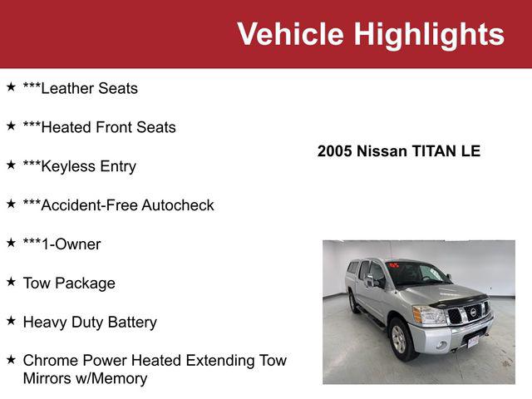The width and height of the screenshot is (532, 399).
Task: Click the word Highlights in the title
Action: [428, 34]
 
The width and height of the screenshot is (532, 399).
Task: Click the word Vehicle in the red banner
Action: [290, 34]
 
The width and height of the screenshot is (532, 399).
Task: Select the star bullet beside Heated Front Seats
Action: [11, 126]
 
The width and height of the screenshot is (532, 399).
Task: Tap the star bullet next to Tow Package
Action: [11, 282]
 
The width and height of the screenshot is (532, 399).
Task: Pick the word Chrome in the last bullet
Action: [50, 361]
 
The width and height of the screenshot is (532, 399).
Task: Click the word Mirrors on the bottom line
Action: [50, 379]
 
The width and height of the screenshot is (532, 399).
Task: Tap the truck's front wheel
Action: [400, 337]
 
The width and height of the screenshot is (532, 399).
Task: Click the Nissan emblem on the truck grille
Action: [473, 312]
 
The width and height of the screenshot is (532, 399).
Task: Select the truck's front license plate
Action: [473, 340]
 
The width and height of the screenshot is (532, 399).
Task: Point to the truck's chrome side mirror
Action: [371, 281]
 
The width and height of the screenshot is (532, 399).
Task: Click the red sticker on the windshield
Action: [394, 265]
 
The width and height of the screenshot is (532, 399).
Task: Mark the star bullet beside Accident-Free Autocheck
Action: [11, 204]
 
